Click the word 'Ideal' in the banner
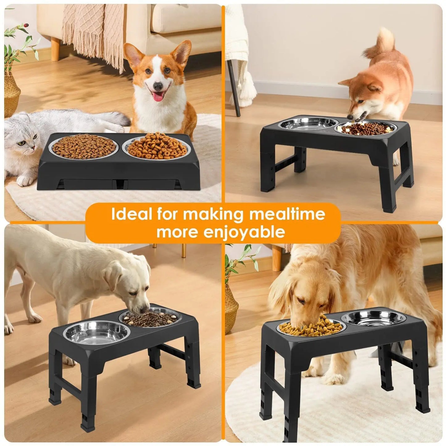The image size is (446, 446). point(130,214)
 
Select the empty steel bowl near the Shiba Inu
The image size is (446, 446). point(308,124)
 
